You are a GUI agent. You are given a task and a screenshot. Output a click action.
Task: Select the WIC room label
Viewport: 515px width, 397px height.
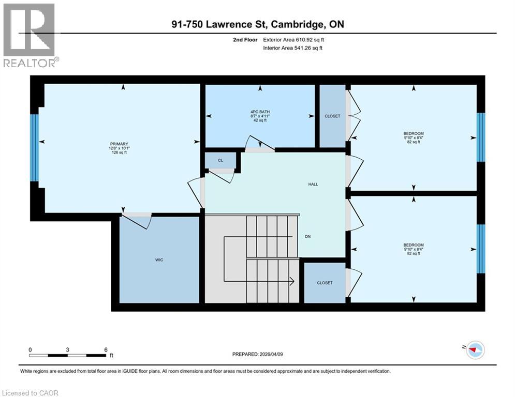pyautogui.click(x=159, y=259)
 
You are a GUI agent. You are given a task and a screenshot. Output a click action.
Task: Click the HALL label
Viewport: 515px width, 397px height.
pyautogui.click(x=313, y=184)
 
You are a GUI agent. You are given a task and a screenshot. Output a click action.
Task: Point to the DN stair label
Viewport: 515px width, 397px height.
pyautogui.click(x=307, y=236)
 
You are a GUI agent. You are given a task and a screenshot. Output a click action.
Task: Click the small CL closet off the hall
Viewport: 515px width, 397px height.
pyautogui.click(x=220, y=161)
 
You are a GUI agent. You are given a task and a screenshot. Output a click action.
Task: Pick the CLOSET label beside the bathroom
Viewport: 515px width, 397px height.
pyautogui.click(x=332, y=116)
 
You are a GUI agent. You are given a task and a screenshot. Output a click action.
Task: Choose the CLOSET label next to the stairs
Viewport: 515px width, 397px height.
pyautogui.click(x=325, y=283)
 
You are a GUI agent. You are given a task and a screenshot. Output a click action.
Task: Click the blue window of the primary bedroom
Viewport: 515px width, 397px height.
pyautogui.click(x=34, y=148)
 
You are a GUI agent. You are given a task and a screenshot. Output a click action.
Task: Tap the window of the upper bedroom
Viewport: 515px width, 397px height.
pyautogui.click(x=480, y=138)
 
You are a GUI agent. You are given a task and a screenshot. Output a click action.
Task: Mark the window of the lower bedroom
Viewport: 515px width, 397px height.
pyautogui.click(x=480, y=249)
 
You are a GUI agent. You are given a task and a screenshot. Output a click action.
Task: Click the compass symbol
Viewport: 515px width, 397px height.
pyautogui.click(x=475, y=350)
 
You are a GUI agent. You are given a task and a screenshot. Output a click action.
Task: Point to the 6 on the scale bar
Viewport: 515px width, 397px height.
pyautogui.click(x=106, y=349)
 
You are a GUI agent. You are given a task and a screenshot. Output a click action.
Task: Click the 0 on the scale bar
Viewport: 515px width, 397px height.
pyautogui.click(x=31, y=349)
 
